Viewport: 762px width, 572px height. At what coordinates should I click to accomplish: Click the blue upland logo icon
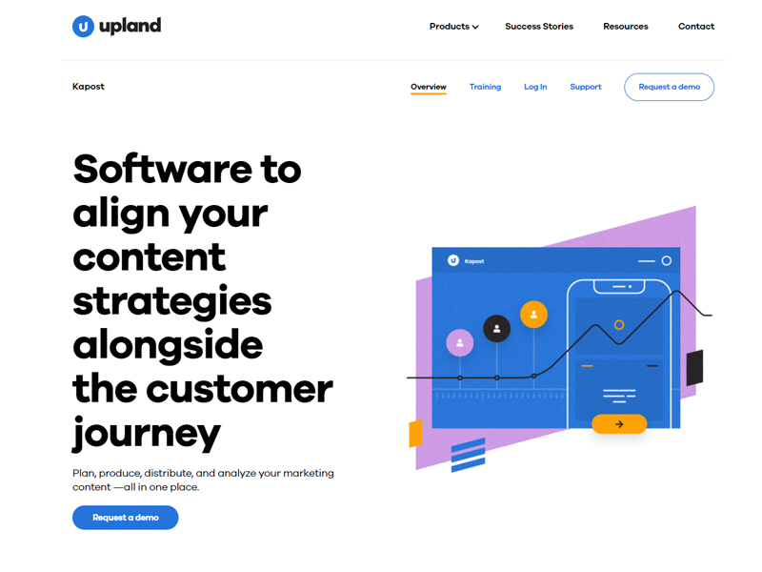tap(83, 27)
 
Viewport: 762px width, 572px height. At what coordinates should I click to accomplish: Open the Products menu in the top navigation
tap(454, 27)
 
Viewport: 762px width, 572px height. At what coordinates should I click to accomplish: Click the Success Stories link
tap(539, 27)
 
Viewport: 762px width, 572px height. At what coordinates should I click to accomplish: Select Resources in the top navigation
tap(626, 27)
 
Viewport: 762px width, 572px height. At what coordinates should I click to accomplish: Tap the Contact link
tap(696, 27)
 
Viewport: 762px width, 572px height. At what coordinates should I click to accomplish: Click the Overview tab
tap(428, 87)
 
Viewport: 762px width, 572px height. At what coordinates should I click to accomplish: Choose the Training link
tap(485, 87)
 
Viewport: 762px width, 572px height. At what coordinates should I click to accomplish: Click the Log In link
tap(535, 87)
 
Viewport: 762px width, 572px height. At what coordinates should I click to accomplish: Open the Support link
tap(585, 87)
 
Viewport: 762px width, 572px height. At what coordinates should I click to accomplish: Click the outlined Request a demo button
tap(669, 87)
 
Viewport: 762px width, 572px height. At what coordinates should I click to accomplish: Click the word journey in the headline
tap(147, 434)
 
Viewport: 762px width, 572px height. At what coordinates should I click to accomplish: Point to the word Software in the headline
tap(163, 169)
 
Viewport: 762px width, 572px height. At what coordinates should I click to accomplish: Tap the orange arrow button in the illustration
tap(618, 424)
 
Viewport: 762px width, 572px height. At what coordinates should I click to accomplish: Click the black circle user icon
tap(496, 329)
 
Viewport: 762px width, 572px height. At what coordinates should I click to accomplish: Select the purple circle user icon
tap(460, 343)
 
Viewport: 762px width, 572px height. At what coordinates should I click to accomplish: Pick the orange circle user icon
tap(533, 315)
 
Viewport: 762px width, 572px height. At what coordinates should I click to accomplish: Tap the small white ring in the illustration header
tap(666, 260)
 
